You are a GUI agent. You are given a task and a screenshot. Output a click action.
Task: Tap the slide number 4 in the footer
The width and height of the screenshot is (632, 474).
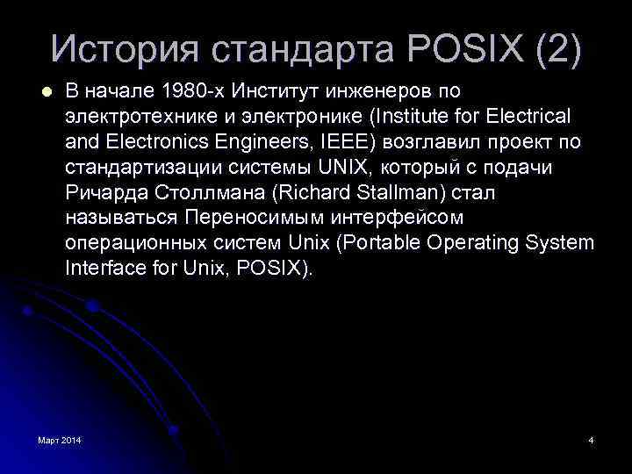pyautogui.click(x=591, y=439)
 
